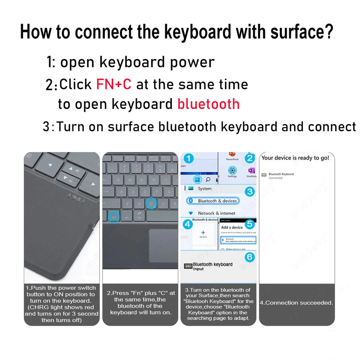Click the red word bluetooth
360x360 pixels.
(208, 104)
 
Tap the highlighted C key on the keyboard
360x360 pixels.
(151, 203)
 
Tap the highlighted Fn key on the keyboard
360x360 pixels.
(113, 216)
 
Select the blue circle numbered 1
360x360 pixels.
(189, 158)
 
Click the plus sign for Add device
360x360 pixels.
(203, 232)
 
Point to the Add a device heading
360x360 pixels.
(232, 228)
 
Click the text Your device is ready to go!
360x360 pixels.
(296, 158)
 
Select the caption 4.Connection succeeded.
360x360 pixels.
(297, 303)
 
